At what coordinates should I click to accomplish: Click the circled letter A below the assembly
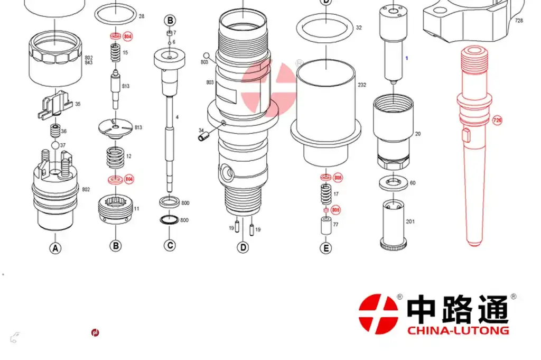[55, 248]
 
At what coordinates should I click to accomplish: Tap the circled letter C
[170, 245]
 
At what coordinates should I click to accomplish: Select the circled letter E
[326, 248]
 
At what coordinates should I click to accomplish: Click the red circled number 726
[497, 121]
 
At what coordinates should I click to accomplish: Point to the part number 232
[361, 85]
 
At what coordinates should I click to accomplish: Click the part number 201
[410, 221]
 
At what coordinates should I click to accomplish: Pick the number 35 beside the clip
[78, 104]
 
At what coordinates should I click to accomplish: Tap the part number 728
[519, 21]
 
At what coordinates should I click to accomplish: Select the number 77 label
[335, 225]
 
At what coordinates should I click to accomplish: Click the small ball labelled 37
[55, 145]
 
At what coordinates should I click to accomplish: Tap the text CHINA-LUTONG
[458, 330]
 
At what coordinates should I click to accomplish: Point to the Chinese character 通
[492, 309]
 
